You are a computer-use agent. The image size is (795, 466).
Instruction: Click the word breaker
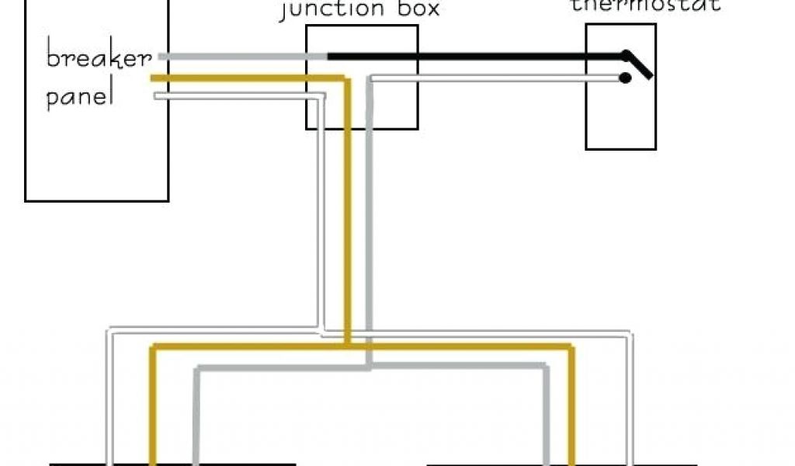[x=98, y=59]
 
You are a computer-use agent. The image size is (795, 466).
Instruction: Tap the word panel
[x=81, y=99]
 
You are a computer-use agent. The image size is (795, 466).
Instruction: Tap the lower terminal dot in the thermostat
[x=624, y=78]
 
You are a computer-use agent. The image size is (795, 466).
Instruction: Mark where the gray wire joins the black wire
[x=327, y=57]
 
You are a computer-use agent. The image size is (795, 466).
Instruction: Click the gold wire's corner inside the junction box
[x=347, y=78]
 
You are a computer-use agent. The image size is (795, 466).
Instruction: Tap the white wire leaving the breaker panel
[x=233, y=96]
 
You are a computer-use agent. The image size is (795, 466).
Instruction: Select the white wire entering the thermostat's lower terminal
[x=497, y=78]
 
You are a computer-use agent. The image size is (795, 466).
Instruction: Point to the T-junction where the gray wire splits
[x=370, y=366]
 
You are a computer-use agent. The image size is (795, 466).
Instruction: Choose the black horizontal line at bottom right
[x=543, y=464]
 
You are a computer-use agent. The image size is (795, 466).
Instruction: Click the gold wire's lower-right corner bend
[x=572, y=346]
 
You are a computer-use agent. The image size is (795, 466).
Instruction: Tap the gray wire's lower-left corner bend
[x=196, y=367]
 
